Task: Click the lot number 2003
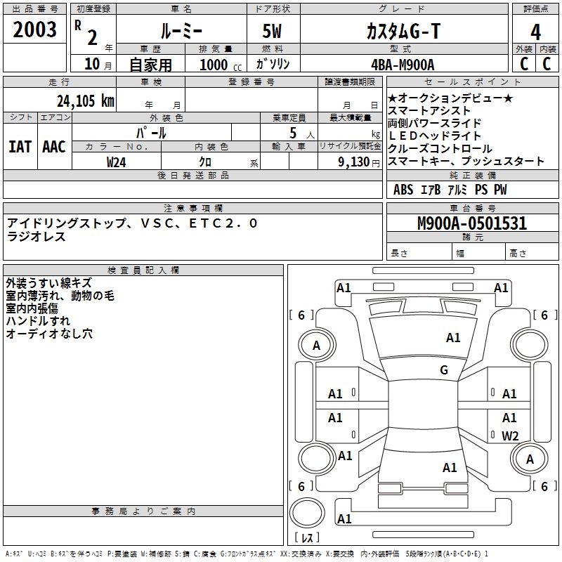35,30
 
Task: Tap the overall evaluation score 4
536,32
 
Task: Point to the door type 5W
273,32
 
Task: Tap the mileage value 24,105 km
85,100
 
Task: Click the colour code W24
117,162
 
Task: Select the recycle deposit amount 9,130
351,162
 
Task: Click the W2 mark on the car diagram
510,436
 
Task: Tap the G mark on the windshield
444,370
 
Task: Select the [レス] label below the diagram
307,538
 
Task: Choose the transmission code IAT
20,147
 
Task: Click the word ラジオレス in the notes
36,237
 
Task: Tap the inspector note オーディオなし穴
49,334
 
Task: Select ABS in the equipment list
403,190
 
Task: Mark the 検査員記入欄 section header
143,270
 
